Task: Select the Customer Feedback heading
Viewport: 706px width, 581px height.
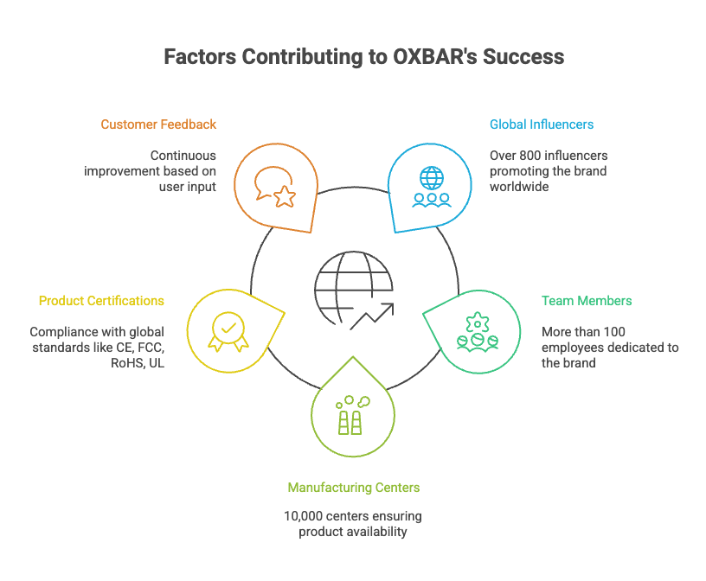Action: pos(158,124)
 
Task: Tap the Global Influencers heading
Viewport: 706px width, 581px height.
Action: pos(542,124)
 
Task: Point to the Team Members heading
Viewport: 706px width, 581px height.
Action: pos(587,301)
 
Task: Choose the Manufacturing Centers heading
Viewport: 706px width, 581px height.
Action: pos(353,488)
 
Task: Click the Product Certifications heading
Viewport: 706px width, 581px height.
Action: pos(101,301)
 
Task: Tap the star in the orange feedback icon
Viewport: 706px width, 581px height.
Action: pos(284,196)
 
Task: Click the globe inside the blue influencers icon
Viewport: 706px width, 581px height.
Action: pos(431,178)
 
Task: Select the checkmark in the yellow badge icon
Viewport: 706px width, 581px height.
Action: pos(228,329)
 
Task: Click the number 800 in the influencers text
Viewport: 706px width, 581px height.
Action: pos(531,156)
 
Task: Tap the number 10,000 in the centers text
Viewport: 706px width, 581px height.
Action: pos(303,516)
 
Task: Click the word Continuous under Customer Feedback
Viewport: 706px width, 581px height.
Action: pos(183,156)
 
